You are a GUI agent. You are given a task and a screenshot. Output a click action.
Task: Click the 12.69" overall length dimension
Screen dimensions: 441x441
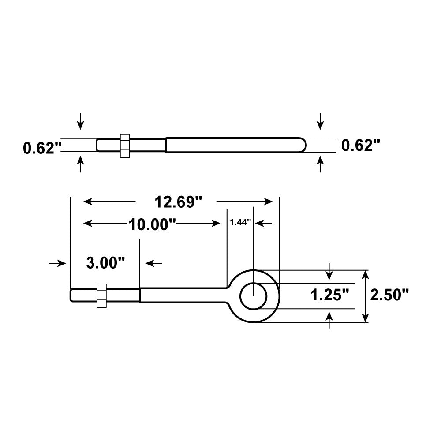(x=178, y=202)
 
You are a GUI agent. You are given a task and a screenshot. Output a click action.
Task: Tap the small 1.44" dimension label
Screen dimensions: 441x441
(x=240, y=223)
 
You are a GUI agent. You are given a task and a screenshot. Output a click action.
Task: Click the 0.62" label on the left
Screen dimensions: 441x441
(x=41, y=148)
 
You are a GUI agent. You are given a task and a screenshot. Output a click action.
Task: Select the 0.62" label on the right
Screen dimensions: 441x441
(x=361, y=145)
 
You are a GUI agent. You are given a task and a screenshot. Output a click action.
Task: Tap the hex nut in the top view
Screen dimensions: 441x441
(x=124, y=145)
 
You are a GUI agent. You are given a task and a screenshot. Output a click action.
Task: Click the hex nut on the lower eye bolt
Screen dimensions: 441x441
(x=101, y=295)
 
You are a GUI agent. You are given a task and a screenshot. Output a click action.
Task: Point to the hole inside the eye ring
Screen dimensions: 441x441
(x=253, y=296)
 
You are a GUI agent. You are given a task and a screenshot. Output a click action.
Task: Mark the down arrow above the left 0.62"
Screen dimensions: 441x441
(x=80, y=121)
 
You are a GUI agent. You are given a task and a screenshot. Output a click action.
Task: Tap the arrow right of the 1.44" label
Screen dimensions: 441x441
(x=264, y=223)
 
